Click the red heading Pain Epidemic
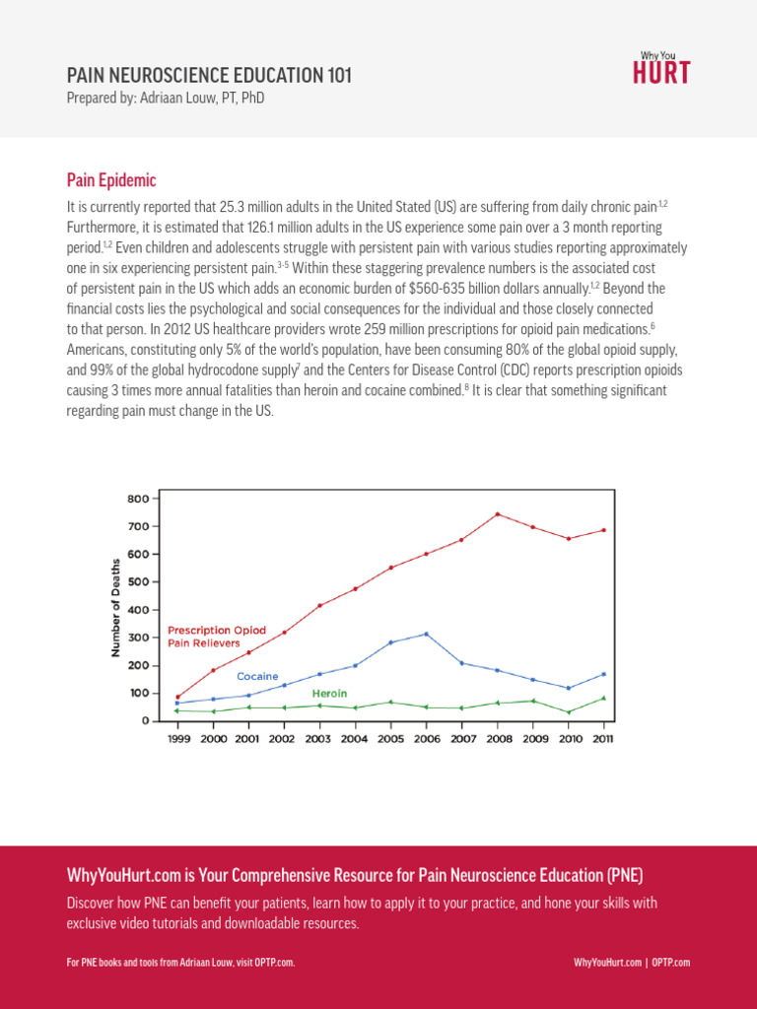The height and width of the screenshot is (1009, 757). (111, 180)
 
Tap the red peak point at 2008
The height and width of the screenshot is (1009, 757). (497, 514)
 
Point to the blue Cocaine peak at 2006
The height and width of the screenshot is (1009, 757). (426, 634)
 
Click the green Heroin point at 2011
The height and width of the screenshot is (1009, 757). (603, 698)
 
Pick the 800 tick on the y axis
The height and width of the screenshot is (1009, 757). (137, 499)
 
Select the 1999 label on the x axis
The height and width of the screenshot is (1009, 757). (177, 738)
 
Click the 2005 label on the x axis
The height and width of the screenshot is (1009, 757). (390, 738)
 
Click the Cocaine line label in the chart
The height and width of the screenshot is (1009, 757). (257, 676)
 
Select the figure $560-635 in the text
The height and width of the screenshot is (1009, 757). (425, 288)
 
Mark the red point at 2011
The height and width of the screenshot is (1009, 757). (603, 530)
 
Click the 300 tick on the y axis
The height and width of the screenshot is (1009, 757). (137, 638)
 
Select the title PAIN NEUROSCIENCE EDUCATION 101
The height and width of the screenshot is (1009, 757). (208, 76)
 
